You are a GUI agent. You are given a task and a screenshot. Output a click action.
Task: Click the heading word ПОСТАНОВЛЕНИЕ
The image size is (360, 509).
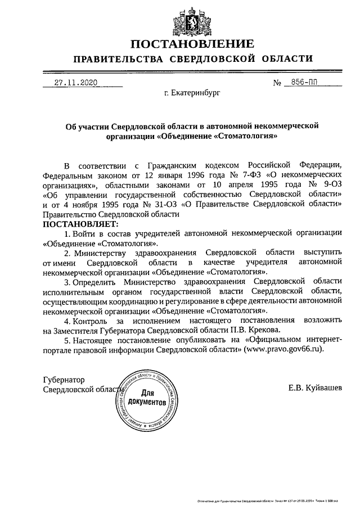point(192,43)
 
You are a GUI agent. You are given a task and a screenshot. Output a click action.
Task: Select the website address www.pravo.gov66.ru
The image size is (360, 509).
point(285,349)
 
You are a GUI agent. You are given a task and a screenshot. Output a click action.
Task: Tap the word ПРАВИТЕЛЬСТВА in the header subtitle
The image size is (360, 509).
point(119,59)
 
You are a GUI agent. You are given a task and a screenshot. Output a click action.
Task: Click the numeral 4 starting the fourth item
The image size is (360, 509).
point(66,320)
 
